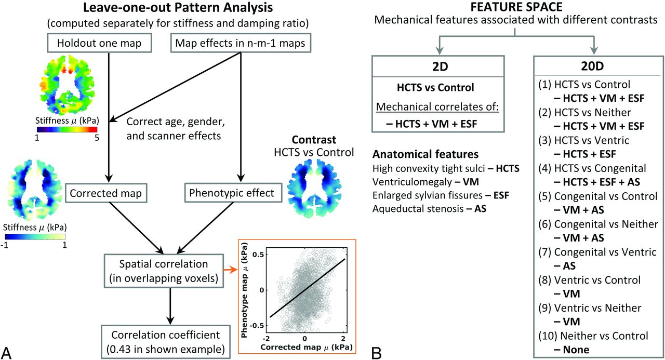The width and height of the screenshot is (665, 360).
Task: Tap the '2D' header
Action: (438, 68)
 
